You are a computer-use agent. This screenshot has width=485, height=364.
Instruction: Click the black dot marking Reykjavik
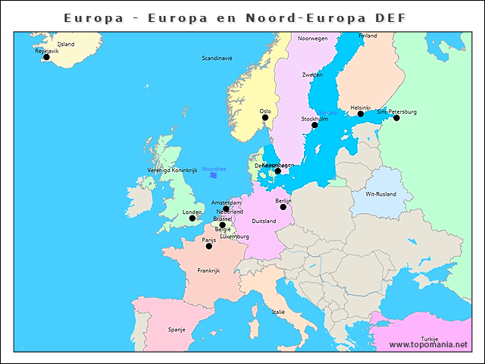(46, 57)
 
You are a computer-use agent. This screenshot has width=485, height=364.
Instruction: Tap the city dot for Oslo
(265, 118)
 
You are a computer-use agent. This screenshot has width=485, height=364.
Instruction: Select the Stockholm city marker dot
(314, 125)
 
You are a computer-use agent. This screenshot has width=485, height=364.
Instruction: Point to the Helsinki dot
(361, 114)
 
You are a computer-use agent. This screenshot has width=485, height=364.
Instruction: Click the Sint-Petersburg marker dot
(396, 118)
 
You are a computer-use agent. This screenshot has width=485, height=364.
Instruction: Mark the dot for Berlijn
(283, 206)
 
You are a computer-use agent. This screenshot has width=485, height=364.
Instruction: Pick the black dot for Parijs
(209, 246)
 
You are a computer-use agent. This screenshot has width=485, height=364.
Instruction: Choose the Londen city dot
(192, 218)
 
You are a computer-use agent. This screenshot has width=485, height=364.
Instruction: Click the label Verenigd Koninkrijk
(172, 171)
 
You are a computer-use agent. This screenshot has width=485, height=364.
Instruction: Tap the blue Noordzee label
(214, 168)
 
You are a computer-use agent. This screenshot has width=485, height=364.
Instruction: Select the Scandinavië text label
(217, 58)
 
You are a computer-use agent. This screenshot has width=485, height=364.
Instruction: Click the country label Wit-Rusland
(380, 194)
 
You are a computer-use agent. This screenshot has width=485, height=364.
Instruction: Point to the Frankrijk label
(208, 271)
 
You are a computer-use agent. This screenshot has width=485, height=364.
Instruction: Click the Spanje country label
(177, 330)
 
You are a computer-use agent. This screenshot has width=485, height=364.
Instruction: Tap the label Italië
(278, 312)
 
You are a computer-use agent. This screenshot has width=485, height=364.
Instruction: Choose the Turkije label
(430, 339)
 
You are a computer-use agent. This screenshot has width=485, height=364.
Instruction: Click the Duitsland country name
(264, 221)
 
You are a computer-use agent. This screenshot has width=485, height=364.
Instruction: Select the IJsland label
(66, 45)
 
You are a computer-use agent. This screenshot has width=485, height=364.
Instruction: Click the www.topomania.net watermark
(429, 345)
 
